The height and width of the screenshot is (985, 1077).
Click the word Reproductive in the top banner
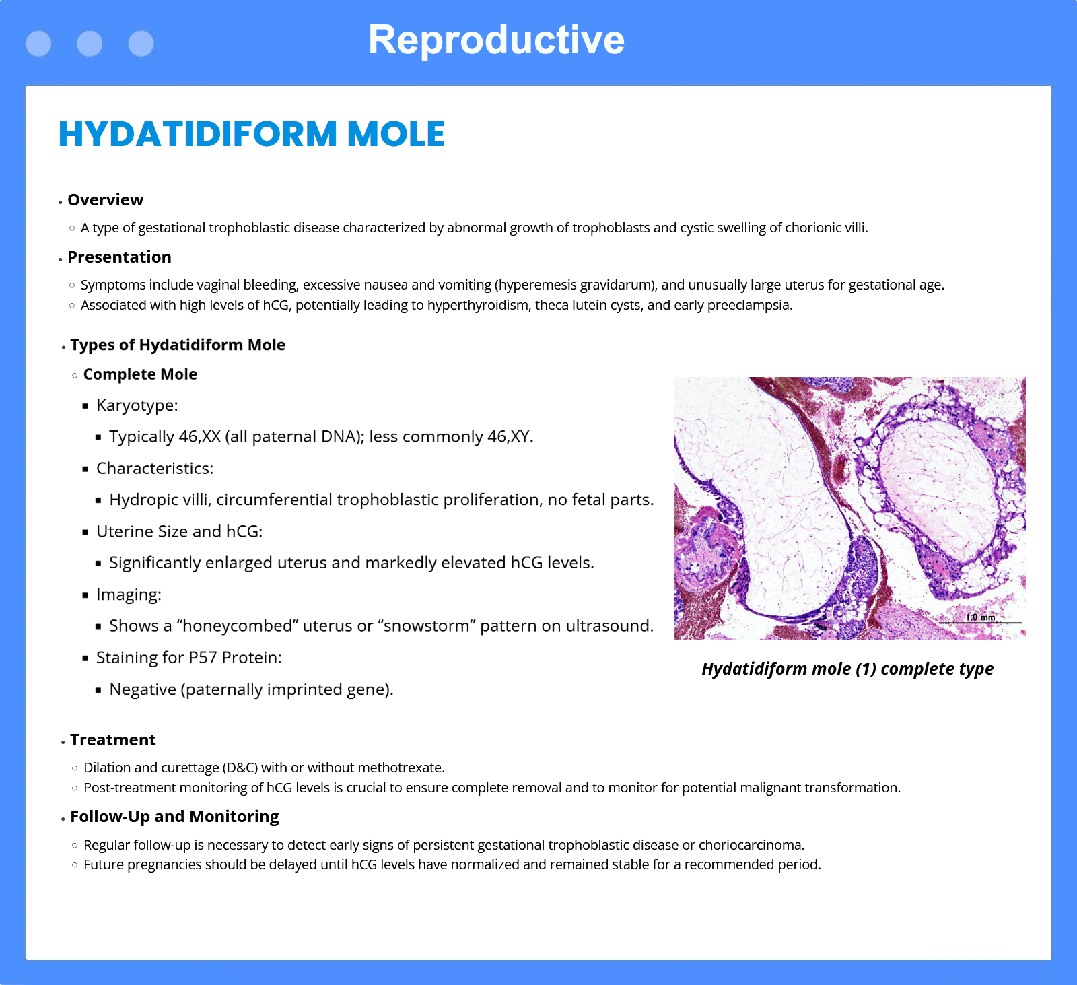(496, 40)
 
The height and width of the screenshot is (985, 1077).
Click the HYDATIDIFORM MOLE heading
(252, 134)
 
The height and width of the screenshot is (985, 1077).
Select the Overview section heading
(106, 200)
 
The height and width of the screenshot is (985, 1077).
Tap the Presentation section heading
(120, 257)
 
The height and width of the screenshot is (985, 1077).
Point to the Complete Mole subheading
(140, 374)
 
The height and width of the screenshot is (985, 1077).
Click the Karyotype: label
(137, 405)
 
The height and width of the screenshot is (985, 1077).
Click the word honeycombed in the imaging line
(238, 626)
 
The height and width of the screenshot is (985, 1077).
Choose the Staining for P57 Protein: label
(189, 658)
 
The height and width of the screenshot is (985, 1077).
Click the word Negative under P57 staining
(143, 689)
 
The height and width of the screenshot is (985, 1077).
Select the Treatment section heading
(113, 740)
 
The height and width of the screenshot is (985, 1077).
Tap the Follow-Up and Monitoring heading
(174, 817)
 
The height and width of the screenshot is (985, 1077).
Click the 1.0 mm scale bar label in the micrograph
(980, 617)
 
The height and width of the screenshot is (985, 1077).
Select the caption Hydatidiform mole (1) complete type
(847, 669)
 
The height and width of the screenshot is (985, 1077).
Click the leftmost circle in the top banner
(38, 44)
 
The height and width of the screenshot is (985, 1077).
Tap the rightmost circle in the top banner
(141, 44)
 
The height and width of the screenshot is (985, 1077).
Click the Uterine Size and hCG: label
(179, 532)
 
